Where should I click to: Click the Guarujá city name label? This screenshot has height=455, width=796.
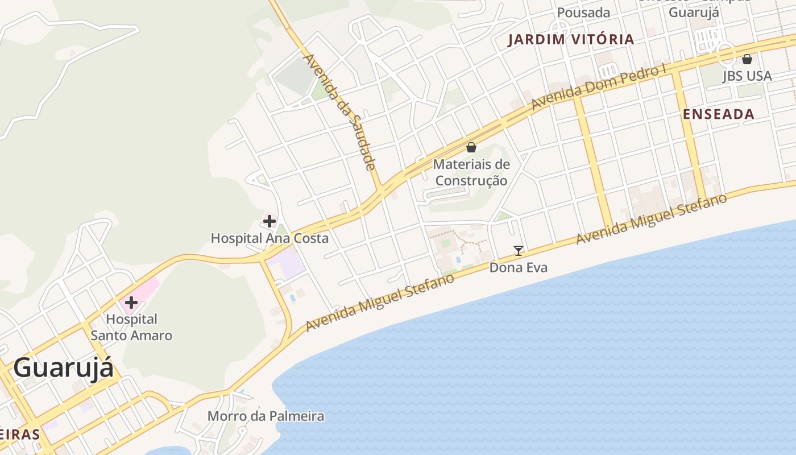point(63,368)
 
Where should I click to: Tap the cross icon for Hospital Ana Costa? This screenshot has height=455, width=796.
point(270,221)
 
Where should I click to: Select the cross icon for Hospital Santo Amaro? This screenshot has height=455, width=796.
point(131,302)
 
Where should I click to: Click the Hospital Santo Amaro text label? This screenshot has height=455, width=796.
point(131,327)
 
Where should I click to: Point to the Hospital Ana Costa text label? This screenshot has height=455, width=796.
point(270,238)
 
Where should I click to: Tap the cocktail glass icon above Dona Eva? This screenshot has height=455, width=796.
point(518,250)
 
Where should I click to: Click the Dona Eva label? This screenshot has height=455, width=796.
point(519,267)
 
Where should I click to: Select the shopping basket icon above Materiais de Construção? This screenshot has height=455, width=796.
point(471,148)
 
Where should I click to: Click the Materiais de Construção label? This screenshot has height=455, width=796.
point(471,172)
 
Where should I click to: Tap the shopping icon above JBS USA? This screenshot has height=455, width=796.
point(747,59)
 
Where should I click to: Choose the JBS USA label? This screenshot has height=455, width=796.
point(747,76)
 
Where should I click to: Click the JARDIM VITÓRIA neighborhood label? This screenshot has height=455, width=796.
point(571,39)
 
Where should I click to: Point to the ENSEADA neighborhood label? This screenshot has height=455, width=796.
point(719,114)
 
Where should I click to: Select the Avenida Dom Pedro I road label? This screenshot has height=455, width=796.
point(599,88)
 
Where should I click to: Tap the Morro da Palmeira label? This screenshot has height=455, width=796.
point(266,416)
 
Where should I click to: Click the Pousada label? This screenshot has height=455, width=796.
point(583,13)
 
